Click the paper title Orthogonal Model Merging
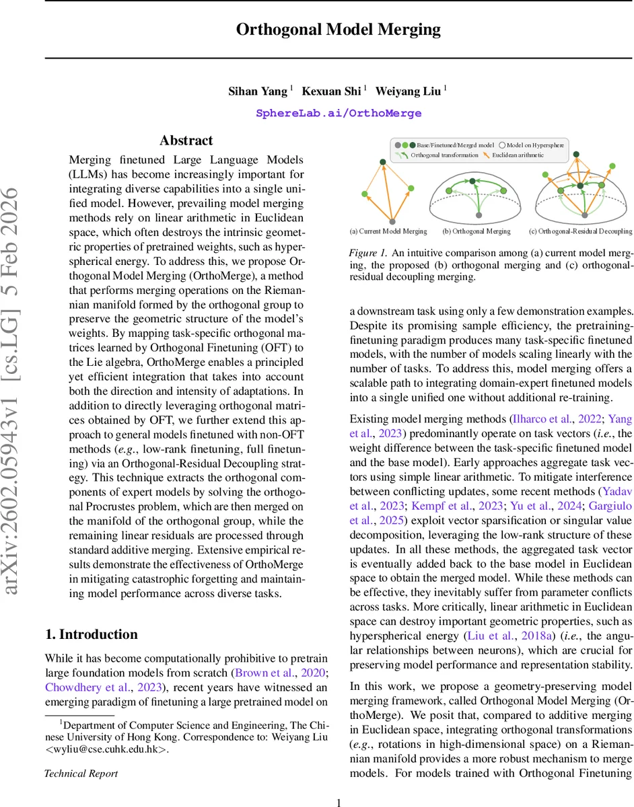tap(339, 30)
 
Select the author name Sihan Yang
tap(259, 91)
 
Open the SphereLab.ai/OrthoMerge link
tap(339, 113)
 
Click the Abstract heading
tap(186, 141)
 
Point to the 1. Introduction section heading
tap(91, 634)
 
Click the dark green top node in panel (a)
tap(382, 162)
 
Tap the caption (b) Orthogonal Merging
tap(477, 231)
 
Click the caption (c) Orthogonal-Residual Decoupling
tap(581, 231)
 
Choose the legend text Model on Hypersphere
tap(536, 145)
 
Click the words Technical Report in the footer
tap(81, 773)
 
